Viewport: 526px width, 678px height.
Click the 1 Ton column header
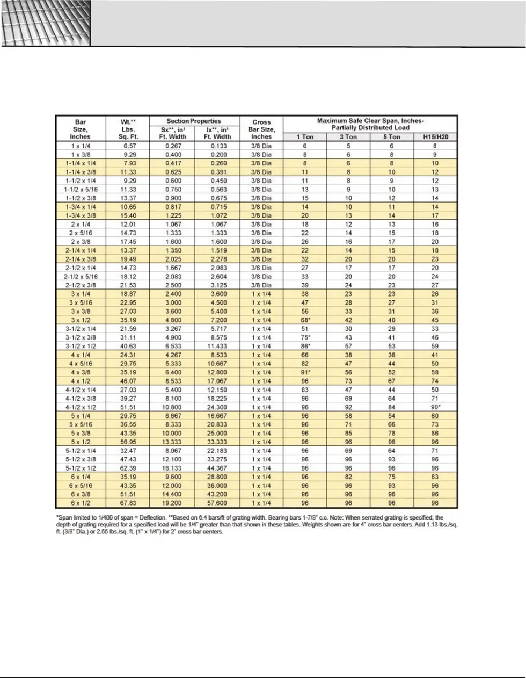(305, 137)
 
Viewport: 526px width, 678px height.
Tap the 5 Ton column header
(392, 137)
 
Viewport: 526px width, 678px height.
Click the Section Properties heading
(194, 121)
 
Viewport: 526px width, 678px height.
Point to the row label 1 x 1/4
(81, 146)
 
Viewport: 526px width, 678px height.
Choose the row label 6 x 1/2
(81, 503)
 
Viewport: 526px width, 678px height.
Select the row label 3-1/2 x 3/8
(81, 337)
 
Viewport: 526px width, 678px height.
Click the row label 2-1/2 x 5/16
(81, 277)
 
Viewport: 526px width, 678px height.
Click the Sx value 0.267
(173, 146)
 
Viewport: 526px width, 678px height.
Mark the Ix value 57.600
(218, 503)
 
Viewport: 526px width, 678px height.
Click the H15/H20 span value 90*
(435, 407)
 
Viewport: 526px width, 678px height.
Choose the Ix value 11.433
(218, 347)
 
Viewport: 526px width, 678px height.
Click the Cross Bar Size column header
(261, 129)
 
